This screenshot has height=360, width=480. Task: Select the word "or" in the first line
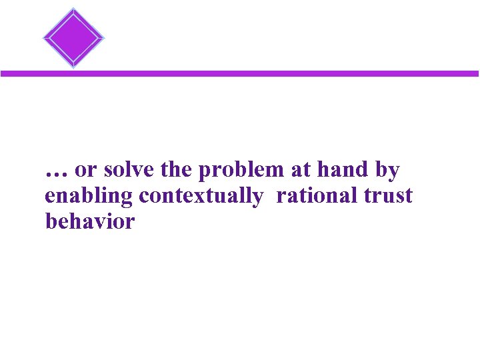pos(85,171)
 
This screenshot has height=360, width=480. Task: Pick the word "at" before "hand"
pos(301,171)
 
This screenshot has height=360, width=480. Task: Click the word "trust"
pos(388,197)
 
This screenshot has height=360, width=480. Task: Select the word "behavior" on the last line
pos(89,221)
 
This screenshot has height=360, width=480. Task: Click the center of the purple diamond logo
pos(73,37)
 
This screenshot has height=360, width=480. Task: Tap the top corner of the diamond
pos(73,8)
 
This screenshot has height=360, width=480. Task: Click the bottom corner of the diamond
pos(73,67)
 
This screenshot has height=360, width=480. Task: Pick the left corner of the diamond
pos(43,37)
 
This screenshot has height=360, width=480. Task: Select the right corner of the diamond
pos(104,37)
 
